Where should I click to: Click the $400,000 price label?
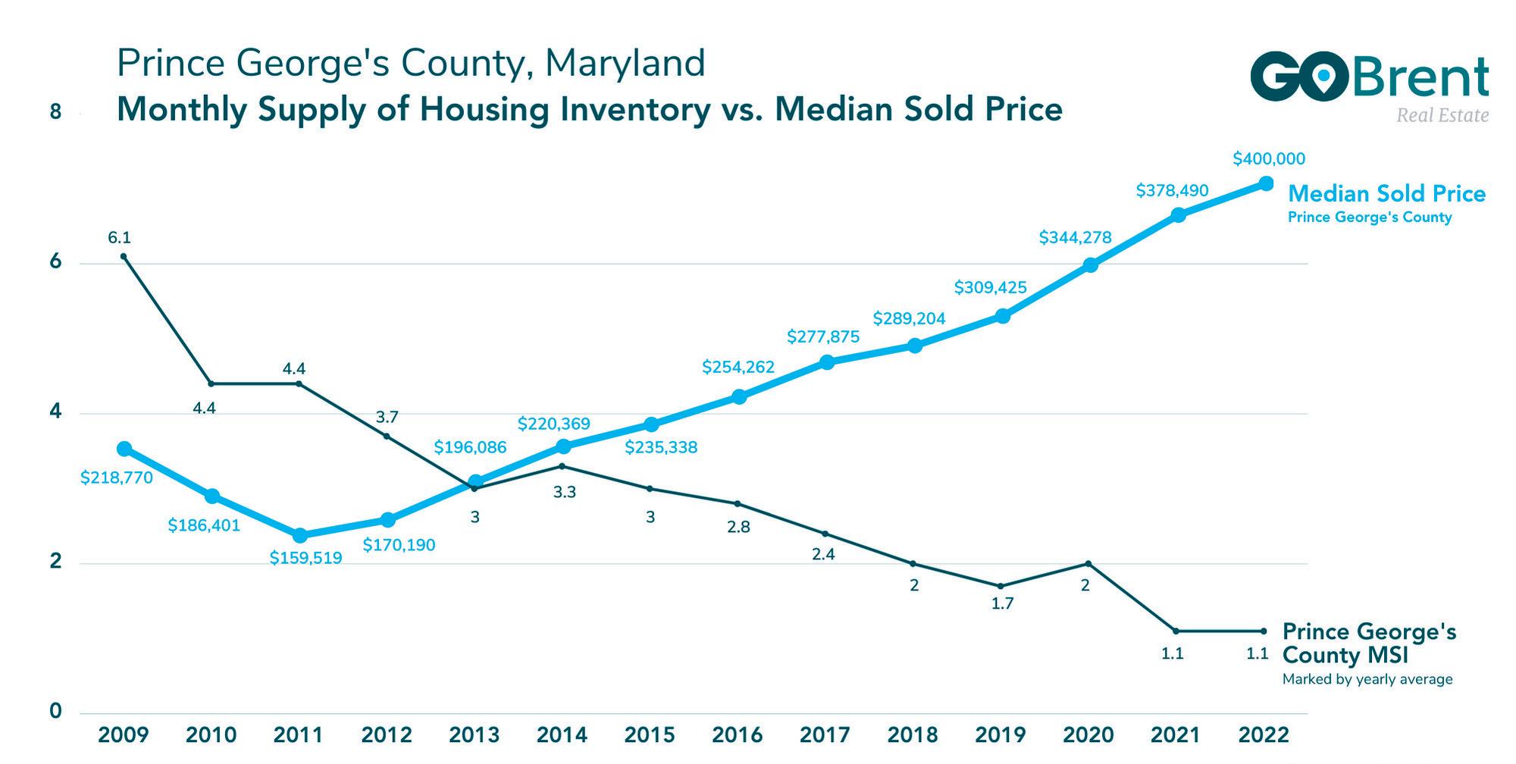coord(1269,159)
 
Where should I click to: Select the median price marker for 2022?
coord(1266,183)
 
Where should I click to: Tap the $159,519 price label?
coord(306,559)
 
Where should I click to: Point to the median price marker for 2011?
coord(300,535)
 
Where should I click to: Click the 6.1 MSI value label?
coord(119,238)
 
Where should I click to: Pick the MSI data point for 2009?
coord(124,256)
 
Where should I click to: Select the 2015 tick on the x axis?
coord(650,735)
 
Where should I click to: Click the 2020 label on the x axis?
coord(1088,735)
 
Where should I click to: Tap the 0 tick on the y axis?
coord(55,712)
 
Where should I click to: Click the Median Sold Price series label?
coord(1386,194)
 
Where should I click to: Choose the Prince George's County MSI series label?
coord(1369,643)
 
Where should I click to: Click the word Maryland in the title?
coord(625,63)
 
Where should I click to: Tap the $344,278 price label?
coord(1075,238)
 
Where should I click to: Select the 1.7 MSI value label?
coord(1002,604)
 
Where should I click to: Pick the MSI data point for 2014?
coord(561,466)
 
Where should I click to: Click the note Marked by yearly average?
coord(1367,680)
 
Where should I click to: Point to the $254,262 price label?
coord(738,368)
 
